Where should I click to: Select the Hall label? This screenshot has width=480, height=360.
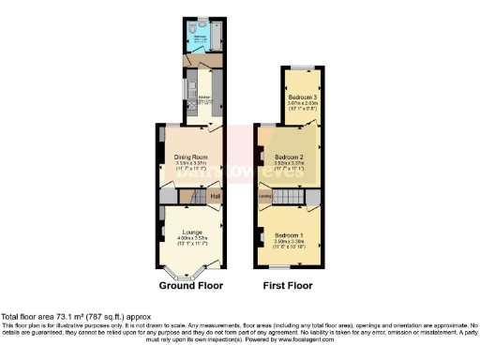(x=215, y=196)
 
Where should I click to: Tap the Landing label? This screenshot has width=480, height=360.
(x=265, y=196)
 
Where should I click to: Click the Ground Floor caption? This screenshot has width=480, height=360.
(x=189, y=285)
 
